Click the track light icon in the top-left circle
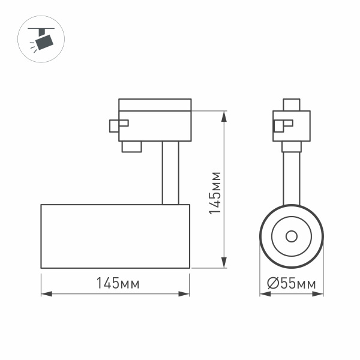click(43, 40)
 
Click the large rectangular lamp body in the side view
click(115, 236)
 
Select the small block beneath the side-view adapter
click(131, 146)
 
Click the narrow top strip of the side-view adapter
click(155, 104)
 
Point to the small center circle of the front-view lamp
click(292, 236)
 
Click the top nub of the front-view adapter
click(292, 104)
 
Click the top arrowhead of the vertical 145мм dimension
click(224, 115)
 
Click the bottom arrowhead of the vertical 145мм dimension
click(224, 263)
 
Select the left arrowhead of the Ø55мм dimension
click(263, 294)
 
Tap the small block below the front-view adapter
click(292, 147)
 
